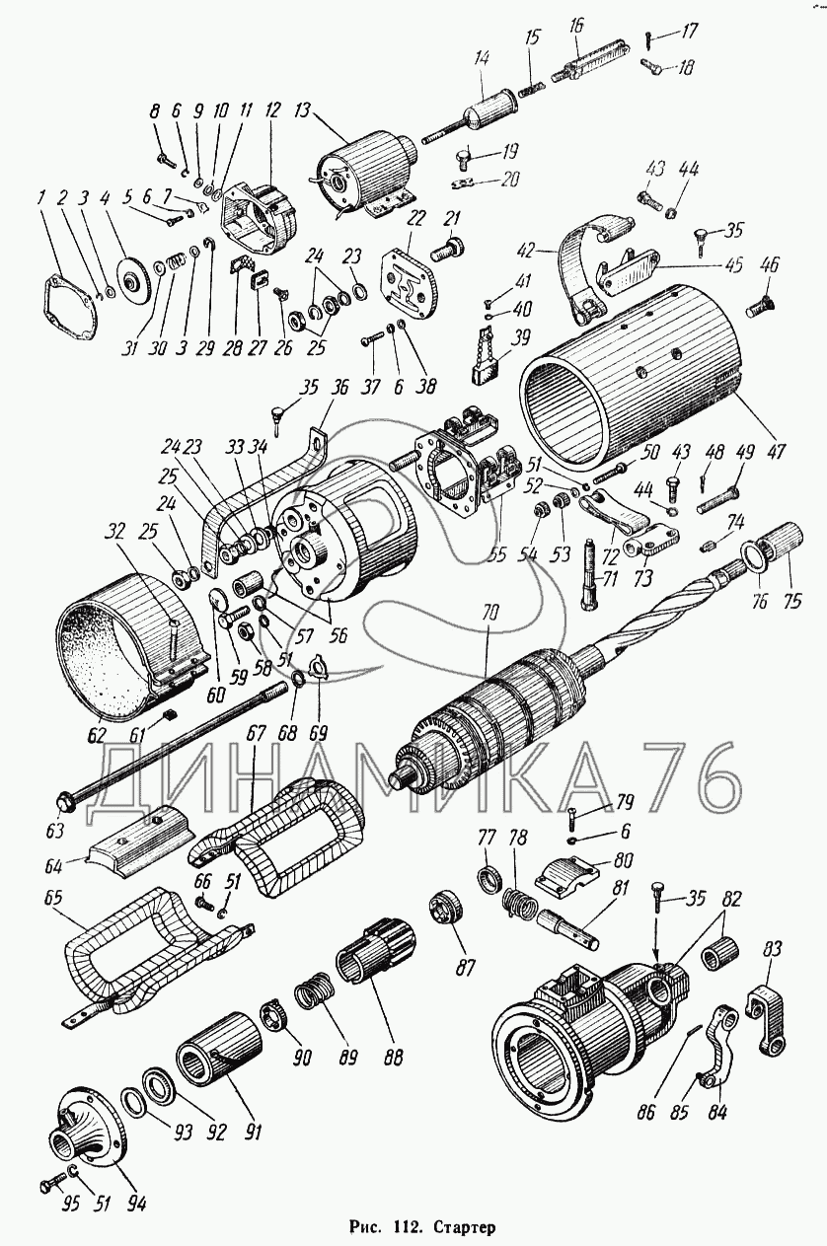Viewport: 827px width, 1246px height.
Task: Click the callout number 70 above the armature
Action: (x=492, y=615)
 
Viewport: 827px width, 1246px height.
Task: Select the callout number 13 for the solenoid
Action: (x=303, y=110)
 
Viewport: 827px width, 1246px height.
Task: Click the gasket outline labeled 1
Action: (x=70, y=305)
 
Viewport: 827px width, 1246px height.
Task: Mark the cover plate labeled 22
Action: (x=410, y=280)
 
